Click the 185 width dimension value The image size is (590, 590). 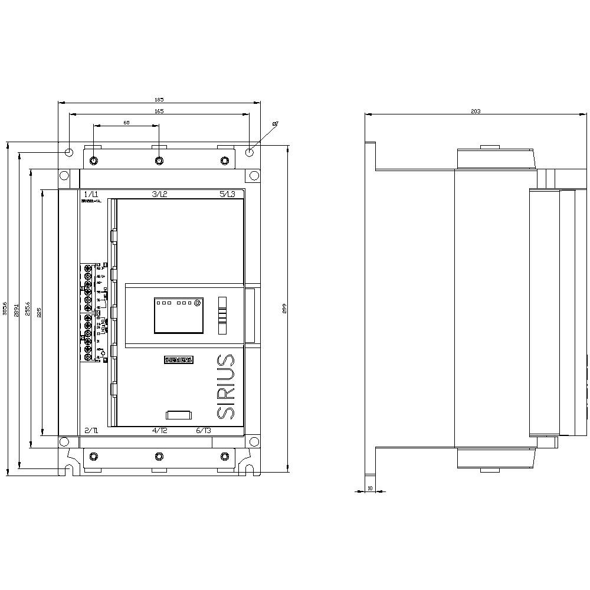point(159,99)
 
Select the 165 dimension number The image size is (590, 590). point(159,111)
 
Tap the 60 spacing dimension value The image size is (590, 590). point(126,123)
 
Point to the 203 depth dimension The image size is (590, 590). point(476,111)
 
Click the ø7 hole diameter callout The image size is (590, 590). point(275,124)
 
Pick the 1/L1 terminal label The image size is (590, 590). point(91,194)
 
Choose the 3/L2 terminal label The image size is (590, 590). point(160,194)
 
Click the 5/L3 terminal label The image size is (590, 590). point(227,194)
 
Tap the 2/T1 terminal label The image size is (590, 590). point(91,431)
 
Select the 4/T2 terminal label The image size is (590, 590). point(160,431)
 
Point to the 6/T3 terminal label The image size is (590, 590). point(204,431)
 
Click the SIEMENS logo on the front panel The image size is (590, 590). point(178,360)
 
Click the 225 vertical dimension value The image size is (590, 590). point(40,313)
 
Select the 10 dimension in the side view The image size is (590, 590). point(370,488)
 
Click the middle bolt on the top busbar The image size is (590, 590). point(159,160)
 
